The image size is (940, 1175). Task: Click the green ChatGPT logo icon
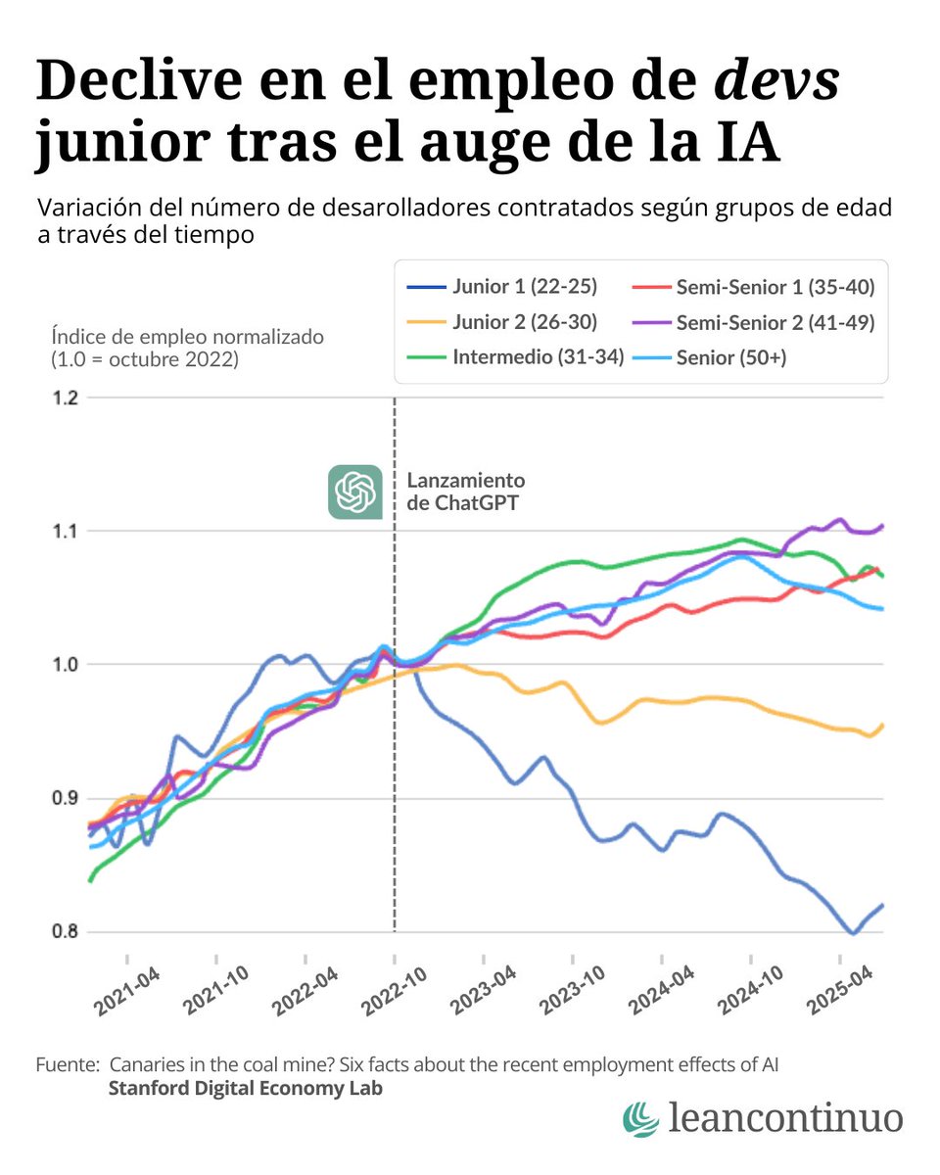click(x=354, y=492)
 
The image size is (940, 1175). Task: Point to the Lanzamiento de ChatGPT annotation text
click(x=465, y=492)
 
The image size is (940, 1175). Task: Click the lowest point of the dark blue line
click(x=853, y=933)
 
